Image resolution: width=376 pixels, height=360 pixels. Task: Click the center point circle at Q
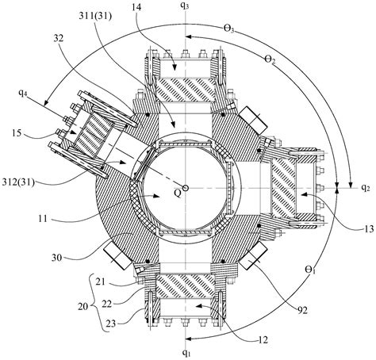point(186,188)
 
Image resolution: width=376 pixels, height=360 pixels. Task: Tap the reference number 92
point(301,310)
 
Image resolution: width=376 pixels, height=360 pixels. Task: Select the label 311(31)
point(95,17)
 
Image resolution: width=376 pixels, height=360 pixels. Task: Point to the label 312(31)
point(18,182)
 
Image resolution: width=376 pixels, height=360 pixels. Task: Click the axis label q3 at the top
point(185,6)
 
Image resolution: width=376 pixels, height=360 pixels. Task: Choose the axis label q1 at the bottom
point(186,352)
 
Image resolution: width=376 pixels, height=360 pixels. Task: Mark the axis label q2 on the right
point(366,187)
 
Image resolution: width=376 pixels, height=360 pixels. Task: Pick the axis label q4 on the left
point(23,93)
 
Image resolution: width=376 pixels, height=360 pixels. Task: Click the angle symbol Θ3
point(229,29)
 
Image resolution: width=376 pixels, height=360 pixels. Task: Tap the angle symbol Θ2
point(270,59)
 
